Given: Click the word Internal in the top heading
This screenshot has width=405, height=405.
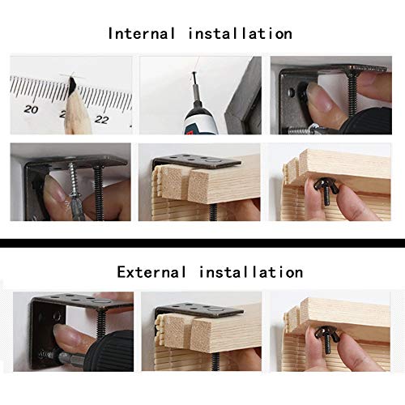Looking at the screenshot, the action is pos(142,34).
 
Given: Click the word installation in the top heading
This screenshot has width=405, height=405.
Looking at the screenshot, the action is pos(240,34).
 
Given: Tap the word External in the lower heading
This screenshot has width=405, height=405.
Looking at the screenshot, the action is pos(151,272).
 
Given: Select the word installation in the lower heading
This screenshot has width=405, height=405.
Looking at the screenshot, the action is pos(251,272).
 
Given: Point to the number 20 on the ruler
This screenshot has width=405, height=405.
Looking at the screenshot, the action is pos(31,109).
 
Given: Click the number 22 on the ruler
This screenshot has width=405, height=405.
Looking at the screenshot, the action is pos(101,119).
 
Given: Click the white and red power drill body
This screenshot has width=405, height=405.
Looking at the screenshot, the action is pos(202,120).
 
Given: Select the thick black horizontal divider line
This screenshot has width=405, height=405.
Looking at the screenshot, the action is pos(202,243).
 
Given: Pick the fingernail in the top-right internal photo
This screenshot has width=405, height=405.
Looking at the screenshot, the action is pos(319,96).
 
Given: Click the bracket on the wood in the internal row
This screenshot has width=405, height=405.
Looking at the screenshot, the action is pos(197,161).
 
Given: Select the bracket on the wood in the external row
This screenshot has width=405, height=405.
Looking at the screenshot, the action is pos(199,310).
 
